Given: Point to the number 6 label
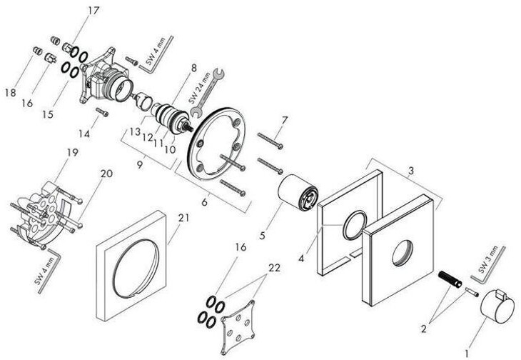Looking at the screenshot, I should coord(206,202).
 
